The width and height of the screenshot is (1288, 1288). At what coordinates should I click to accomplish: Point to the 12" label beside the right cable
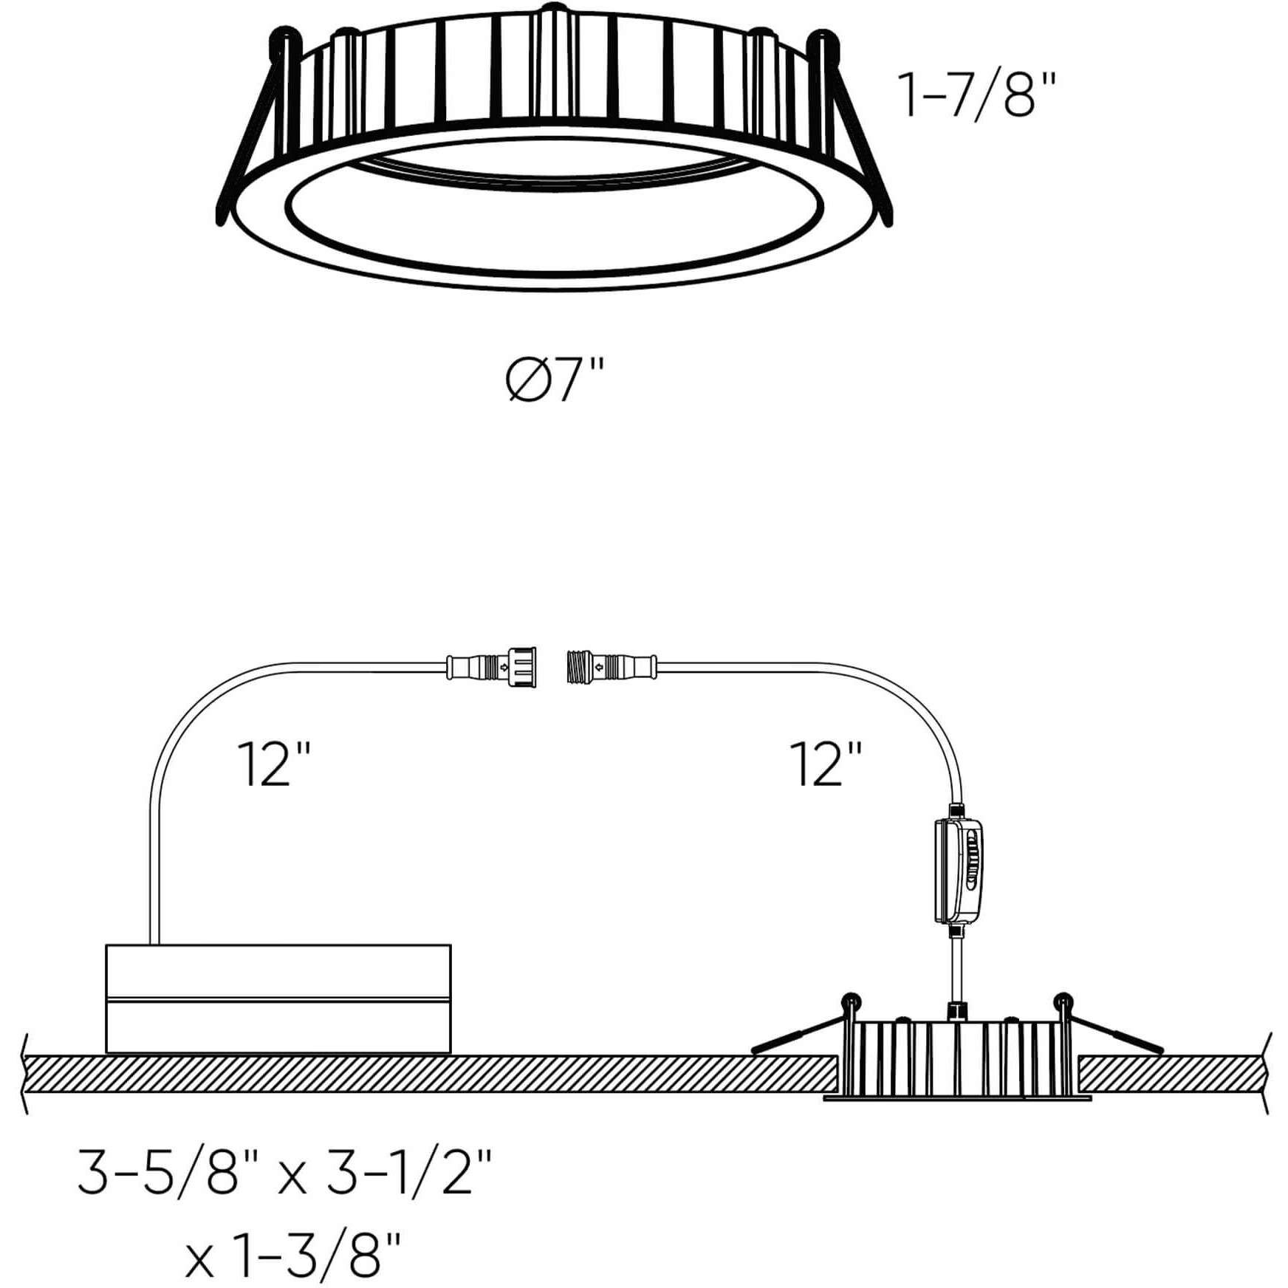tap(826, 764)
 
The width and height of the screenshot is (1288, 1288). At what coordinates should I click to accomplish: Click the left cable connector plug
tap(491, 667)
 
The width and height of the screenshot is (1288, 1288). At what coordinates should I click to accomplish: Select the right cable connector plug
tap(612, 667)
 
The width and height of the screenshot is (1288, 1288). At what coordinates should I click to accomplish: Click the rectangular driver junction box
tap(278, 998)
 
